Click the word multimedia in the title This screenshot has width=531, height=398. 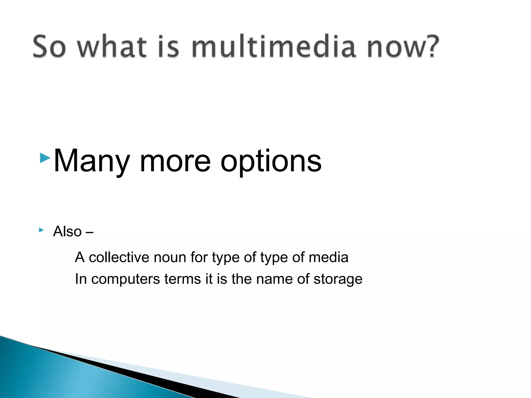[273, 47]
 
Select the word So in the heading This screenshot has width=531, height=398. [49, 47]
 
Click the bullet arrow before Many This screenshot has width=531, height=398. [45, 158]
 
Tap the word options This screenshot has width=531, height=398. [271, 162]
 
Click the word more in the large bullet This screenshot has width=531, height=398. [175, 162]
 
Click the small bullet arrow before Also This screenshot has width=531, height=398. [41, 230]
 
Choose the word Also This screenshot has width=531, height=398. [67, 231]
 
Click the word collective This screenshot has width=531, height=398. [119, 257]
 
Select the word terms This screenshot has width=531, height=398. [183, 279]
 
